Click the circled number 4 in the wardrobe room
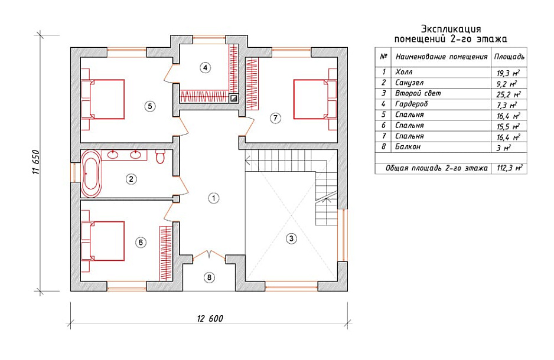tap(205, 67)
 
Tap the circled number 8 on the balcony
tap(209, 277)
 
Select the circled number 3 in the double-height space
tap(291, 238)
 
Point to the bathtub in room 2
tap(92, 174)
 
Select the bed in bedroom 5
tap(103, 100)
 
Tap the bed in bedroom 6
tap(103, 241)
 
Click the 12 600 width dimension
tap(210, 319)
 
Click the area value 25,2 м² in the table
tap(509, 94)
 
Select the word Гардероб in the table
tap(411, 104)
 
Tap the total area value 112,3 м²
tap(510, 168)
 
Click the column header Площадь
tap(509, 57)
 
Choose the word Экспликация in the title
tap(451, 29)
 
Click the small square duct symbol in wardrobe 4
tap(233, 99)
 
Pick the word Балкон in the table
tap(408, 147)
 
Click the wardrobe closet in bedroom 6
tap(166, 253)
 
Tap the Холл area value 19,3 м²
tap(508, 73)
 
